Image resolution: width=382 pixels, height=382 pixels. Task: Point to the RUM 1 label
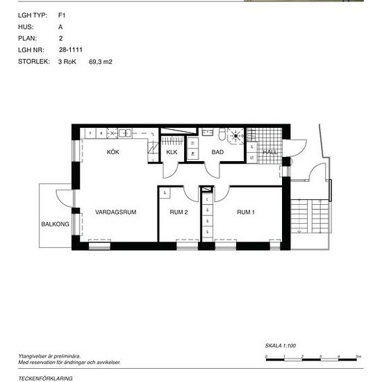coord(246,212)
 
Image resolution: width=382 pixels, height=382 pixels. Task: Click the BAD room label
coord(217,151)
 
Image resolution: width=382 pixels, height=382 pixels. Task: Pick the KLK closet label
coord(172,151)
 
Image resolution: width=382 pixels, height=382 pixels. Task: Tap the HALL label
coord(270,151)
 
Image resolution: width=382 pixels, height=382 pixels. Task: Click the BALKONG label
coord(55,224)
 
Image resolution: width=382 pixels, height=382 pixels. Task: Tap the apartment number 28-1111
coord(72,50)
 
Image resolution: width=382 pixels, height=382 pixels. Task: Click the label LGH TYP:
coord(32,13)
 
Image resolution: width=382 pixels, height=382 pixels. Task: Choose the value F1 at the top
coord(62,13)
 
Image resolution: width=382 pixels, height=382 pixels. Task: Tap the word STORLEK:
coord(34,62)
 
